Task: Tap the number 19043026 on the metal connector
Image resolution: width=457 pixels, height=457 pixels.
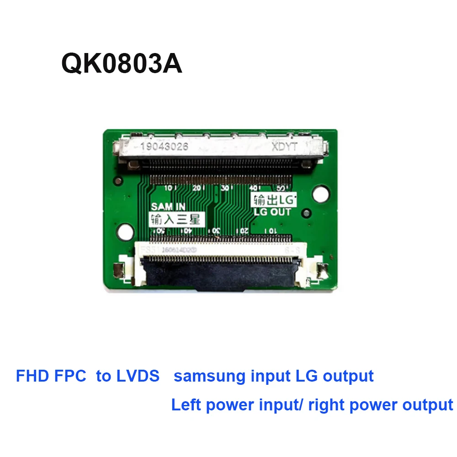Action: point(165,147)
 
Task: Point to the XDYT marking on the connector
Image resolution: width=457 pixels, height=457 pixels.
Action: point(284,147)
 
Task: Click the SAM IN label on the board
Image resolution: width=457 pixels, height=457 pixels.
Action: point(168,207)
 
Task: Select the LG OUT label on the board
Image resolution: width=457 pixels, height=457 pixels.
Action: point(272,212)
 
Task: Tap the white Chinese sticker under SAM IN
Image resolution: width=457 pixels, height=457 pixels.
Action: point(175,219)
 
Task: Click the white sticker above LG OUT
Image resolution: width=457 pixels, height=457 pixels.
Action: point(272,199)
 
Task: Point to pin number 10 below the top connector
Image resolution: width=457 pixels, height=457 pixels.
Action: point(169,187)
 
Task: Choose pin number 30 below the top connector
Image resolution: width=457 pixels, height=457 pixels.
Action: point(224,188)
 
